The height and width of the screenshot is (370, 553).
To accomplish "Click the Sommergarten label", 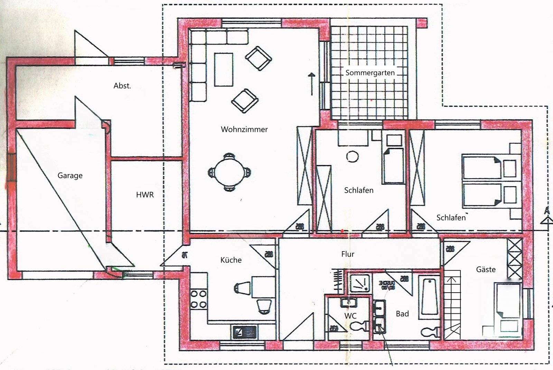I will pos(370,73).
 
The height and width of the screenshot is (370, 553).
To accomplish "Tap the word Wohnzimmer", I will pos(244,130).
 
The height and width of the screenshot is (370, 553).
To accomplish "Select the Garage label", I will pos(70,175).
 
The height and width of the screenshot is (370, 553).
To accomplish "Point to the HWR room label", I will pos(145,195).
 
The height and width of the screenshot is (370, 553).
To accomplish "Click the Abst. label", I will pos(122,86).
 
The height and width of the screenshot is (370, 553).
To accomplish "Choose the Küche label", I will pos(231,260).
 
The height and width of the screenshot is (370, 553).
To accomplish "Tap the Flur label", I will pos(348,254).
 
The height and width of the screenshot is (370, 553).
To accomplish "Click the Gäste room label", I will pos(486,269).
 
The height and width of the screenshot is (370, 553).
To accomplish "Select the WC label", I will pos(350,315).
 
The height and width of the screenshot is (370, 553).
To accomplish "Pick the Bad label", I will pos(402,314).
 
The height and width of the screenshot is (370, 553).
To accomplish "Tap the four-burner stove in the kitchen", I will pos(199,299).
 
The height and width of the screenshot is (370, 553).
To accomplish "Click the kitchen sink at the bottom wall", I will pos(244,332).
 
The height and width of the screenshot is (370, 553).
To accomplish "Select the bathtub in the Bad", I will pos(429,297).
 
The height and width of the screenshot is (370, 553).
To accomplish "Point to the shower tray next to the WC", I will pos(360,284).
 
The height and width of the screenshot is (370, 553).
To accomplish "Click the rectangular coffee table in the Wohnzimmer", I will pos(223,69).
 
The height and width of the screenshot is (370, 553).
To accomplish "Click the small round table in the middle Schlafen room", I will pos(352,156).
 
